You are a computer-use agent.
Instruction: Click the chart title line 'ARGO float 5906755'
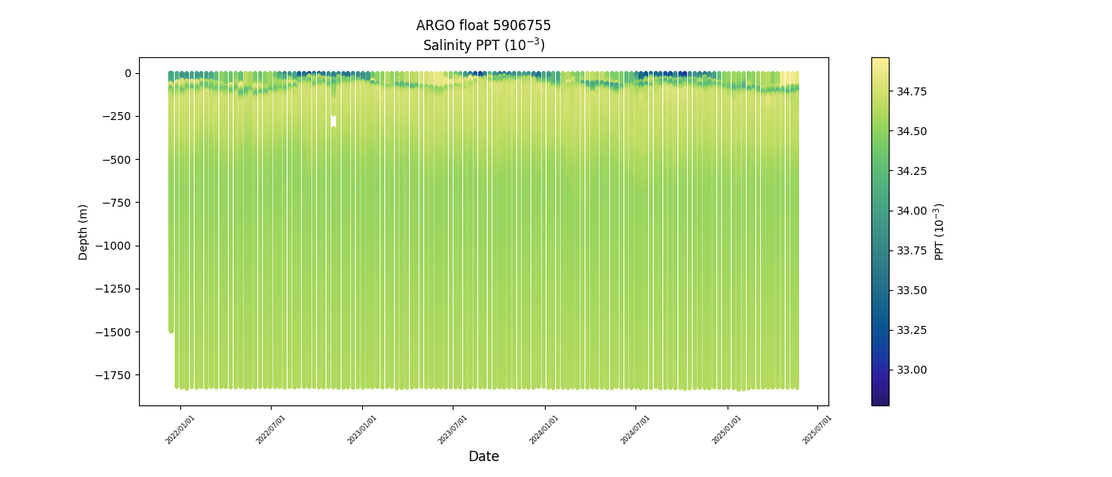[483, 25]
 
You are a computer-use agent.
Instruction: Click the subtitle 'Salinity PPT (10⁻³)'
[483, 45]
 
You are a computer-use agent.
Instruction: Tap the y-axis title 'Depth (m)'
[83, 231]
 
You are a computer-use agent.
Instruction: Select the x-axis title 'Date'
[483, 456]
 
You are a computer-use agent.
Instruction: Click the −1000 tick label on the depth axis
[113, 246]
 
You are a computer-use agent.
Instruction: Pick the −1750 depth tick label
[113, 375]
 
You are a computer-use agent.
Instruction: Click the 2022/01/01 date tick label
[180, 429]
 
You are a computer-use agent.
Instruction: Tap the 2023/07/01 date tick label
[454, 429]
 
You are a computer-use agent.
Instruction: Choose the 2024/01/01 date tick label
[545, 429]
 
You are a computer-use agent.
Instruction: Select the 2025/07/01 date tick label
[817, 429]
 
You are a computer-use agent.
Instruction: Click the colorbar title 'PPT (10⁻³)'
[939, 231]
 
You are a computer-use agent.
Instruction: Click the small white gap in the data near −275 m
[334, 121]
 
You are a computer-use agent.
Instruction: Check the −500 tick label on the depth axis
[115, 159]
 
